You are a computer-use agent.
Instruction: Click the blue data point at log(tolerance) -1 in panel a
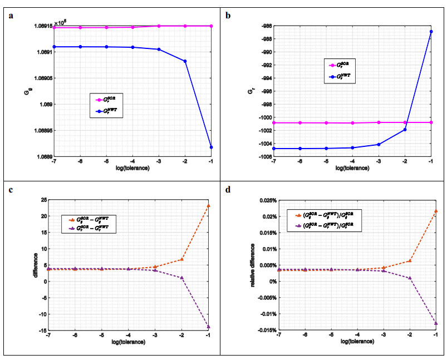[x=211, y=147]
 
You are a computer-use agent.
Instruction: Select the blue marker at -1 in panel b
[x=431, y=32]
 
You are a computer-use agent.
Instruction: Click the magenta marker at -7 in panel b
[x=274, y=122]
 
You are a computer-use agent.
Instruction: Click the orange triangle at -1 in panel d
[x=435, y=211]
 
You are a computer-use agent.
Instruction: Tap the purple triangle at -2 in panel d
[x=409, y=278]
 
